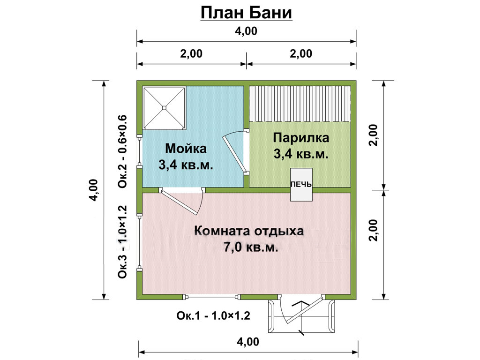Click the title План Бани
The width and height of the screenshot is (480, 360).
point(246,13)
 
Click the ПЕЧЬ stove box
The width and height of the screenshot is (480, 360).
point(301,185)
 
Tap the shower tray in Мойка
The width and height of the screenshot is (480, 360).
point(165,108)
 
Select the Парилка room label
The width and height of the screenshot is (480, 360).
point(301,138)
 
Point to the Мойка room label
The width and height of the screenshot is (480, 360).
point(186,149)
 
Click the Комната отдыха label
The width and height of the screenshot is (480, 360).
point(249,231)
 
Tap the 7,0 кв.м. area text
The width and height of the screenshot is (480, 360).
point(251,247)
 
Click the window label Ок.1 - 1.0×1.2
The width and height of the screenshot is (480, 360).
point(213,315)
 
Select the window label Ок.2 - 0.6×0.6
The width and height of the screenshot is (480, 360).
point(122,151)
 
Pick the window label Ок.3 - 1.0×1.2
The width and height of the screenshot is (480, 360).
point(122,242)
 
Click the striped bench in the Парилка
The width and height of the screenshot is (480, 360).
point(300,104)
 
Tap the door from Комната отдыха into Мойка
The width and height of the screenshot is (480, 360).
point(182,201)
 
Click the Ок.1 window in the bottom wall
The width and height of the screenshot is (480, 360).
point(211,297)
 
